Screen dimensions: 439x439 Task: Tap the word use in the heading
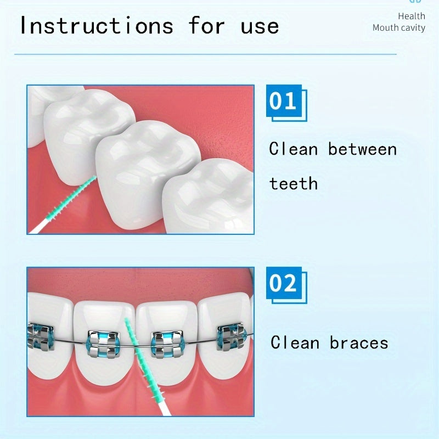[260, 26]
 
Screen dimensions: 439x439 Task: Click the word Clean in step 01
[295, 149]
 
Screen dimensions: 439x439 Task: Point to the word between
[362, 149]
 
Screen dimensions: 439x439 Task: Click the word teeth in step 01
[293, 183]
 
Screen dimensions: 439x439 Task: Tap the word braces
[359, 343]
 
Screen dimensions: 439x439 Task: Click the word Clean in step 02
[295, 343]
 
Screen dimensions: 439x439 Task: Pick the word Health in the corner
[412, 16]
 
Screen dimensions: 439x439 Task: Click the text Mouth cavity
[399, 27]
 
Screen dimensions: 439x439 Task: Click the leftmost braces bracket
[41, 336]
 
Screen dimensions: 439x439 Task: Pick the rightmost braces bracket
[232, 336]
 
